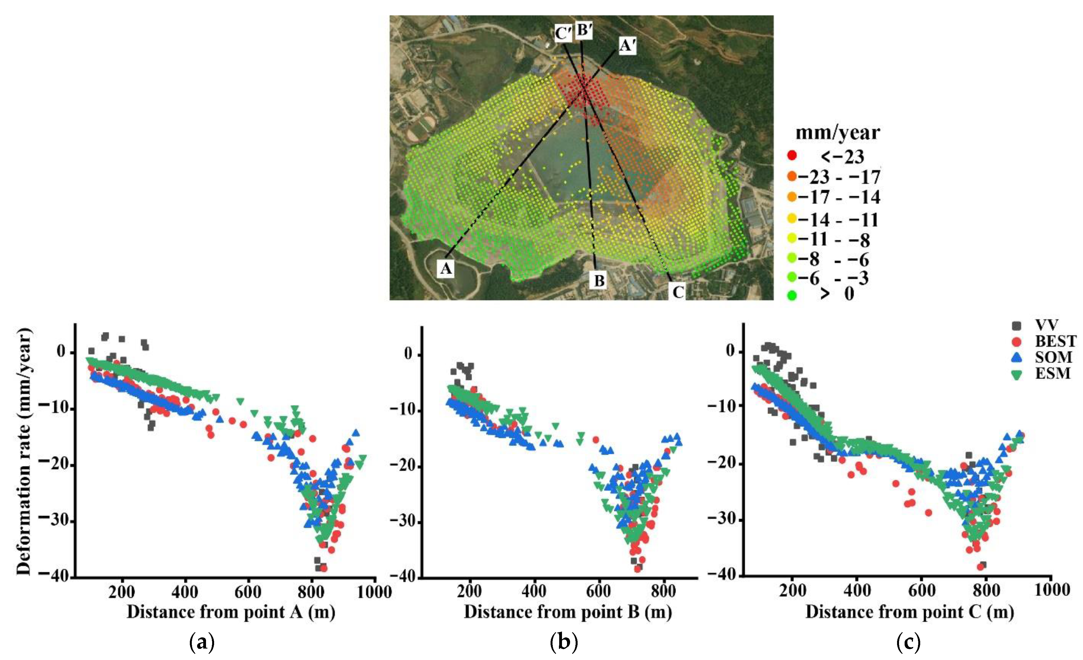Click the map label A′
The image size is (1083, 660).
tap(627, 45)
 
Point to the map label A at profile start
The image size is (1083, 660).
tap(446, 268)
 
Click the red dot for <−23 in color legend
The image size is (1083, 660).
tap(792, 156)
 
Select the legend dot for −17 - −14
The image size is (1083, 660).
tap(792, 197)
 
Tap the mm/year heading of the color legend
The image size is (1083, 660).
tap(838, 133)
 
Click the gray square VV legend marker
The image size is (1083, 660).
tap(1017, 326)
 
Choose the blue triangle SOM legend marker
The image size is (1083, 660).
tap(1017, 357)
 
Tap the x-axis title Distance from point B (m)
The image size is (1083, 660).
tap(568, 612)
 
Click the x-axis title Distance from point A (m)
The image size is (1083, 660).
tap(231, 612)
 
